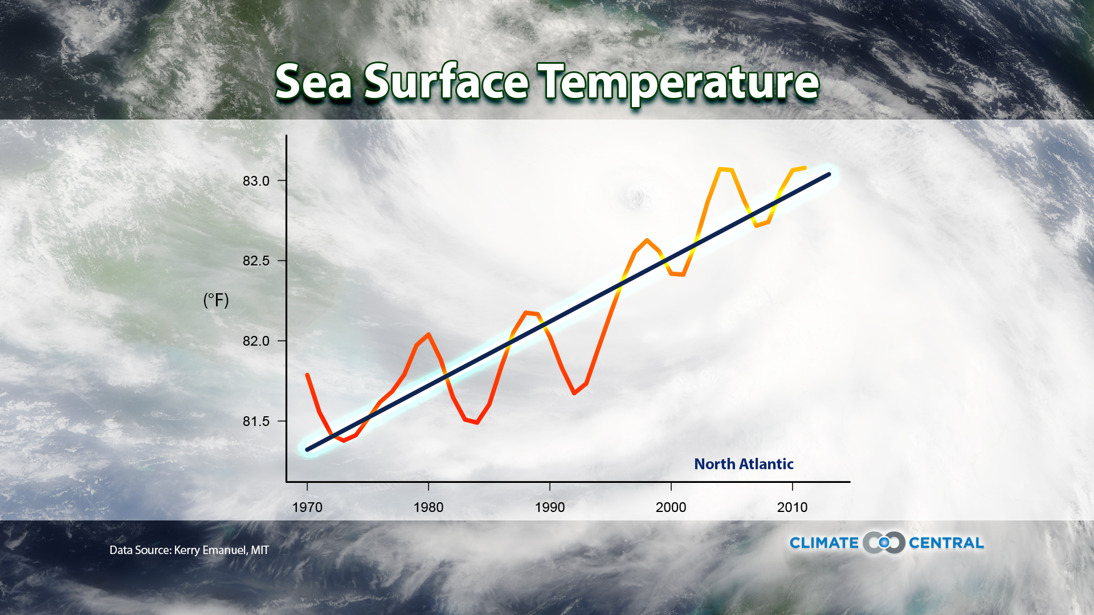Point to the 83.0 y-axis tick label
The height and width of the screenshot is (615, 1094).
point(256,181)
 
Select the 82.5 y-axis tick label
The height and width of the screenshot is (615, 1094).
point(256,261)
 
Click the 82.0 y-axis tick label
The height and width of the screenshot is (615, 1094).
point(256,341)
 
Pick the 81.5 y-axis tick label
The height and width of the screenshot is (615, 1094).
point(256,421)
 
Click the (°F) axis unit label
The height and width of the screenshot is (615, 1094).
point(216,300)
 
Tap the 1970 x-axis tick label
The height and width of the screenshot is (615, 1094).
point(307,507)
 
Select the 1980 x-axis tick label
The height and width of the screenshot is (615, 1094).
point(428,507)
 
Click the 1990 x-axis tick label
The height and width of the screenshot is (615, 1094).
point(550,507)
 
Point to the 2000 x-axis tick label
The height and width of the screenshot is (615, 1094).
point(671,507)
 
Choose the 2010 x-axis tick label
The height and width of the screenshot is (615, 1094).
point(792,507)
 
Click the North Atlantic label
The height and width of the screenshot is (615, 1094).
point(744,464)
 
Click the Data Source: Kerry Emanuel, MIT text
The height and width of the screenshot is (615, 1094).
point(189,550)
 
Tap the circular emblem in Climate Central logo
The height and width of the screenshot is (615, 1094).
point(884,543)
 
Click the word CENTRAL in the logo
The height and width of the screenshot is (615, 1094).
point(946,543)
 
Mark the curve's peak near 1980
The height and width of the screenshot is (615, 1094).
point(428,334)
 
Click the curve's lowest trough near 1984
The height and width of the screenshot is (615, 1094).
point(477,423)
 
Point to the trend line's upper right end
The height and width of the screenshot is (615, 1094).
point(828,174)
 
